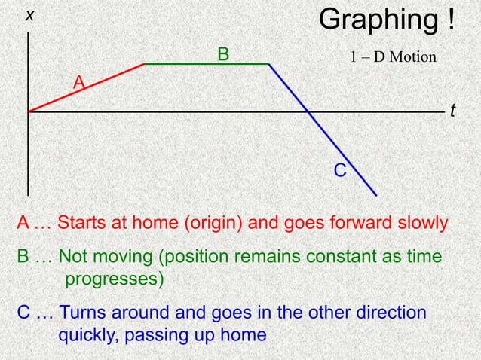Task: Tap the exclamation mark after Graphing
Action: tap(449, 20)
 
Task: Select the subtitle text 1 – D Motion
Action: tap(393, 56)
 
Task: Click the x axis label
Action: tap(30, 15)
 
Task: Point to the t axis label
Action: tap(452, 111)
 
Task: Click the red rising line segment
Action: tap(87, 88)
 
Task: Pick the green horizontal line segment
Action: tap(206, 64)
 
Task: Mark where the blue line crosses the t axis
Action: tap(308, 112)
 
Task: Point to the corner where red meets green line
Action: tap(144, 64)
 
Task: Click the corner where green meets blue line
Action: tap(269, 64)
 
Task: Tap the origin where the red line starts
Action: tap(29, 112)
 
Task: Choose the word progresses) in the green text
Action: tap(114, 279)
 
